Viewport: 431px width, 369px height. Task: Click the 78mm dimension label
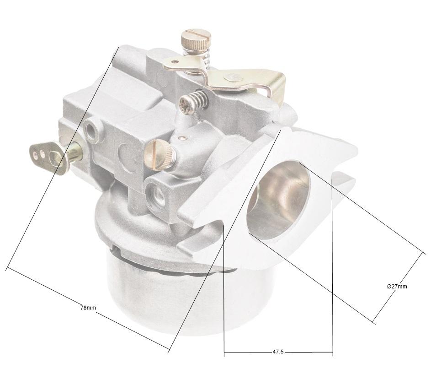(88, 308)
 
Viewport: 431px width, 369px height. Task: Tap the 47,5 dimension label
(278, 352)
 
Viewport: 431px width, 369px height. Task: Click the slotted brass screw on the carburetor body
(160, 154)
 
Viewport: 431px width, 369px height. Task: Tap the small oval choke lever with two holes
(47, 156)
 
